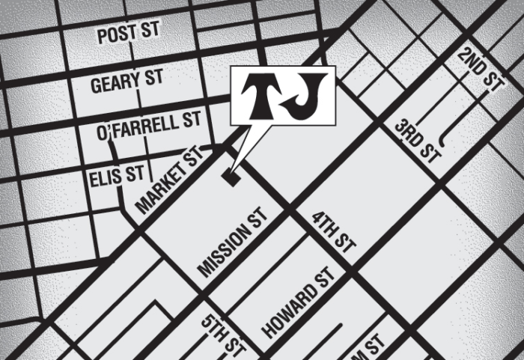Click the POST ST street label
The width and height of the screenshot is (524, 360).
[x=130, y=34]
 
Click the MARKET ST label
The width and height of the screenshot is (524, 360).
[x=171, y=180]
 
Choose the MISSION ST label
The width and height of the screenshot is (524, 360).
[x=233, y=244]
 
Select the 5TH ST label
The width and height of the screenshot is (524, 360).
[x=225, y=335]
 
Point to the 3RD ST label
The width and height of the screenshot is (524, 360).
[x=418, y=141]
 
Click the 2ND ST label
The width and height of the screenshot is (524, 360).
[x=479, y=72]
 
